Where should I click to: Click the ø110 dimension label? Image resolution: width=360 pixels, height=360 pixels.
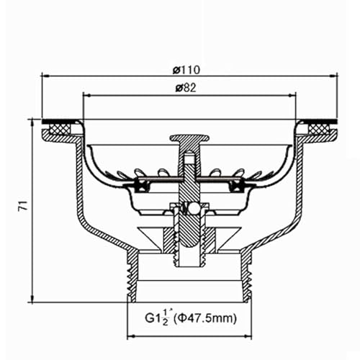pyautogui.click(x=186, y=69)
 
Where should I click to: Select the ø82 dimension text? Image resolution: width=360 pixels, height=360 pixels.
pyautogui.click(x=186, y=87)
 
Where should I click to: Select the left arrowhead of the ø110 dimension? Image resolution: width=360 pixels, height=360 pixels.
pyautogui.click(x=44, y=76)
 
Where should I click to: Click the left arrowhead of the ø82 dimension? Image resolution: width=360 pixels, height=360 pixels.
pyautogui.click(x=88, y=94)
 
